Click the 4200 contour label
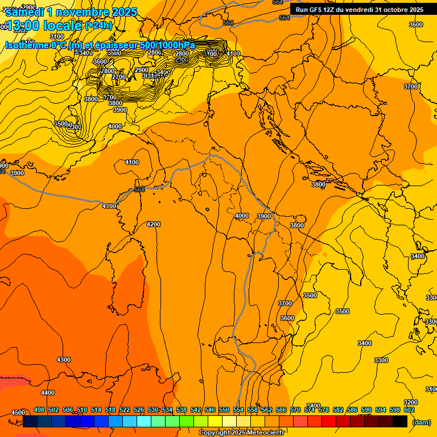[x=154, y=224]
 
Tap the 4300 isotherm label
[x=64, y=360]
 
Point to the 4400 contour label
[x=48, y=393]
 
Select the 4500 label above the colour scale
[x=18, y=412]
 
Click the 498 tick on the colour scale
[x=39, y=410]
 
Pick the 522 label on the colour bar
[x=125, y=410]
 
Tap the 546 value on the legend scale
[x=210, y=410]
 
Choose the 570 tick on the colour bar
[x=295, y=410]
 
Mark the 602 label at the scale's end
[x=409, y=410]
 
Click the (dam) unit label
[x=421, y=422]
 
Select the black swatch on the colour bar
[x=400, y=421]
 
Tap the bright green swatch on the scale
[x=187, y=421]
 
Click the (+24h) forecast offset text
[x=98, y=26]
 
